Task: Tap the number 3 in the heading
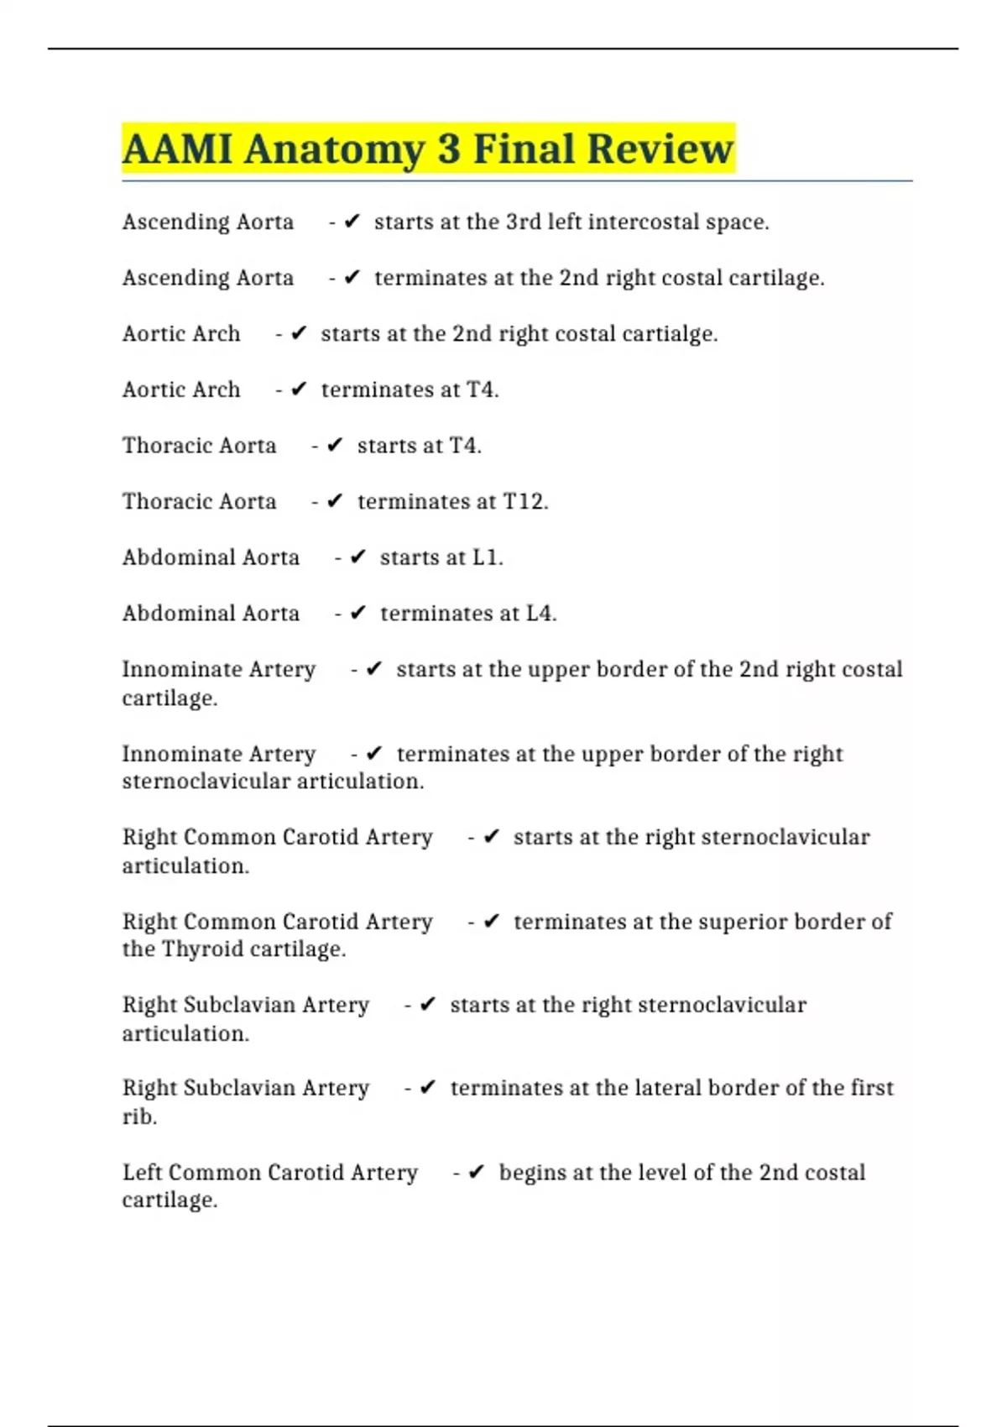[x=449, y=149]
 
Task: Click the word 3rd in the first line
[x=524, y=222]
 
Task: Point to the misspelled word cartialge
[x=674, y=334]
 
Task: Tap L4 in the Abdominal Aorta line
[x=540, y=614]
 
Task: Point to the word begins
[x=532, y=1173]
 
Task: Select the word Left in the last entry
[x=142, y=1173]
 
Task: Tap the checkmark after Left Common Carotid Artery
[x=476, y=1173]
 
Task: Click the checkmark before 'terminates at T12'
[x=335, y=502]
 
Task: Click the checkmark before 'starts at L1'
[x=357, y=558]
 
